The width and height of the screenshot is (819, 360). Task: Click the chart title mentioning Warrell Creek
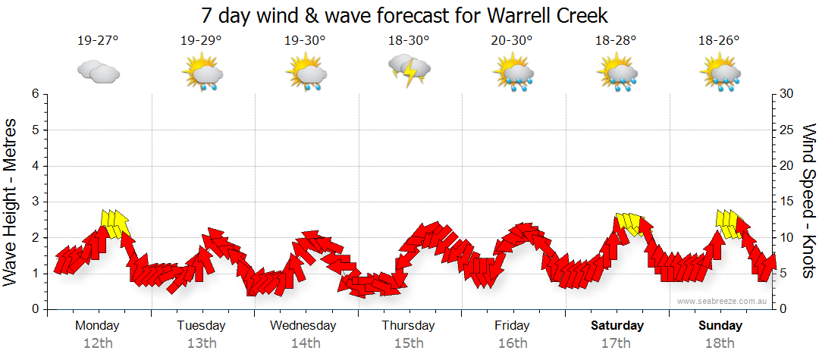tap(405, 15)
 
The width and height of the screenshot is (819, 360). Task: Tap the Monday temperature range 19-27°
tap(98, 41)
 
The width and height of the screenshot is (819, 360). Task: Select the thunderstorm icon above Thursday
tap(409, 70)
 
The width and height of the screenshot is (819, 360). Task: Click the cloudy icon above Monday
tap(98, 72)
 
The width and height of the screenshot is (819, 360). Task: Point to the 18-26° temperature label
tap(719, 41)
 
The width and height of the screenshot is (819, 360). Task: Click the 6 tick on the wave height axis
tap(34, 94)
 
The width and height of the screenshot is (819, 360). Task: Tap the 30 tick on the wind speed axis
tap(786, 94)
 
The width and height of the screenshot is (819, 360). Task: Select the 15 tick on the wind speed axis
tap(786, 202)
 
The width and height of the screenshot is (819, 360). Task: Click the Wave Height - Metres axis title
tap(11, 201)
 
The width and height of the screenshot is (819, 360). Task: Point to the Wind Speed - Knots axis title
tap(808, 201)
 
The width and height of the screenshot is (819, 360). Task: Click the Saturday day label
tap(617, 326)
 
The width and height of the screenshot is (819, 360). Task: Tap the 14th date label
tap(305, 343)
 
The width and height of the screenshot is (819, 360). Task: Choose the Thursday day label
tap(409, 326)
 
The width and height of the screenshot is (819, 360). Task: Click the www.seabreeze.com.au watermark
tap(723, 301)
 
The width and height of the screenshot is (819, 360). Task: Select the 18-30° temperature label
tap(409, 41)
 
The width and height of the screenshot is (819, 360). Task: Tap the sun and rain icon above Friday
tap(513, 74)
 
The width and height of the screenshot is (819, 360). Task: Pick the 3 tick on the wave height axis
tap(34, 202)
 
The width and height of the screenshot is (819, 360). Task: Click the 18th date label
tap(720, 343)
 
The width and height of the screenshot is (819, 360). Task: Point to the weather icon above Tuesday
tap(202, 74)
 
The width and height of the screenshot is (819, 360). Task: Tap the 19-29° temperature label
tap(202, 41)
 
